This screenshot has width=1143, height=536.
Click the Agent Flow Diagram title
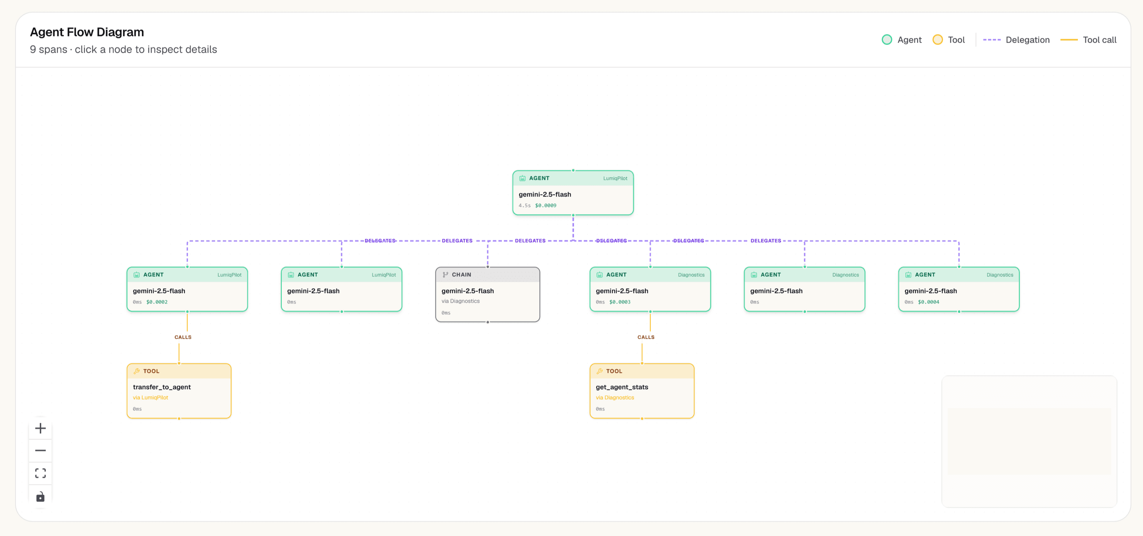[87, 32]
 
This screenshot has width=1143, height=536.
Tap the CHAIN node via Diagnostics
[488, 294]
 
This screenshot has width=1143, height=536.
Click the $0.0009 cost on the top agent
[545, 205]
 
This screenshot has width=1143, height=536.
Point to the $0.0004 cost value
[928, 302]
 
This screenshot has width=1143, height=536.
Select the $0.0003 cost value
[619, 302]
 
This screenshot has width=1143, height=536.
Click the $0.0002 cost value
[157, 302]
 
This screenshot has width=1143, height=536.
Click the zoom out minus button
[40, 451]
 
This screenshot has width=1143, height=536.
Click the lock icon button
[40, 496]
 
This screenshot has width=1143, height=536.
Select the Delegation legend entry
[1016, 40]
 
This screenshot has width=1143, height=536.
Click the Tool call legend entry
[1088, 40]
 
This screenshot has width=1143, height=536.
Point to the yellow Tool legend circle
[938, 40]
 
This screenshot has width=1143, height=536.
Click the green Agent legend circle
[886, 40]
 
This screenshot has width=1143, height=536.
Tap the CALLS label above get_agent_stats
[646, 337]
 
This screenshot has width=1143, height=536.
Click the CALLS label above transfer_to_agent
[183, 337]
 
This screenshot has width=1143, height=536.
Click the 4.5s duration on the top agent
[524, 205]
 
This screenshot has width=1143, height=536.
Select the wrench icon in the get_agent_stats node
[600, 371]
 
